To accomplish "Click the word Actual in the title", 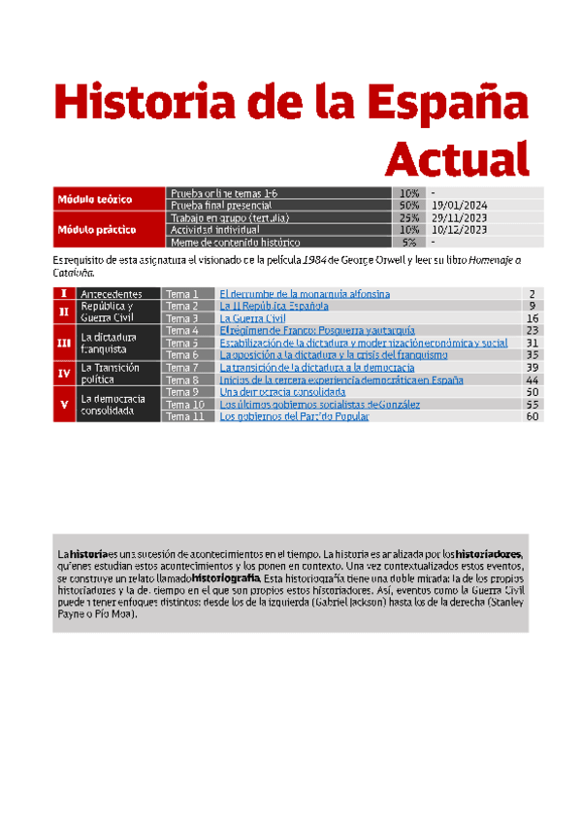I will click(x=459, y=156).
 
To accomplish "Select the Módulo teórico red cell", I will click(x=108, y=199).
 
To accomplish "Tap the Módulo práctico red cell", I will click(x=108, y=230).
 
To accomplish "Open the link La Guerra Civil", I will click(x=253, y=318).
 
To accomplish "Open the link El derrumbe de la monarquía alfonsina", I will click(x=305, y=293).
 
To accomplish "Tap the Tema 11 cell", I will click(x=184, y=416).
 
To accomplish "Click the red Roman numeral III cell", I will click(x=64, y=343).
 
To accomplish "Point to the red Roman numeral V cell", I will click(x=64, y=404).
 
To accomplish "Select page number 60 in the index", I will click(x=532, y=416).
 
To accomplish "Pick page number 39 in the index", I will click(x=532, y=368).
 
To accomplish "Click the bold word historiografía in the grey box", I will click(x=227, y=579).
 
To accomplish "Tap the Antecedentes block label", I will click(x=112, y=293).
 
